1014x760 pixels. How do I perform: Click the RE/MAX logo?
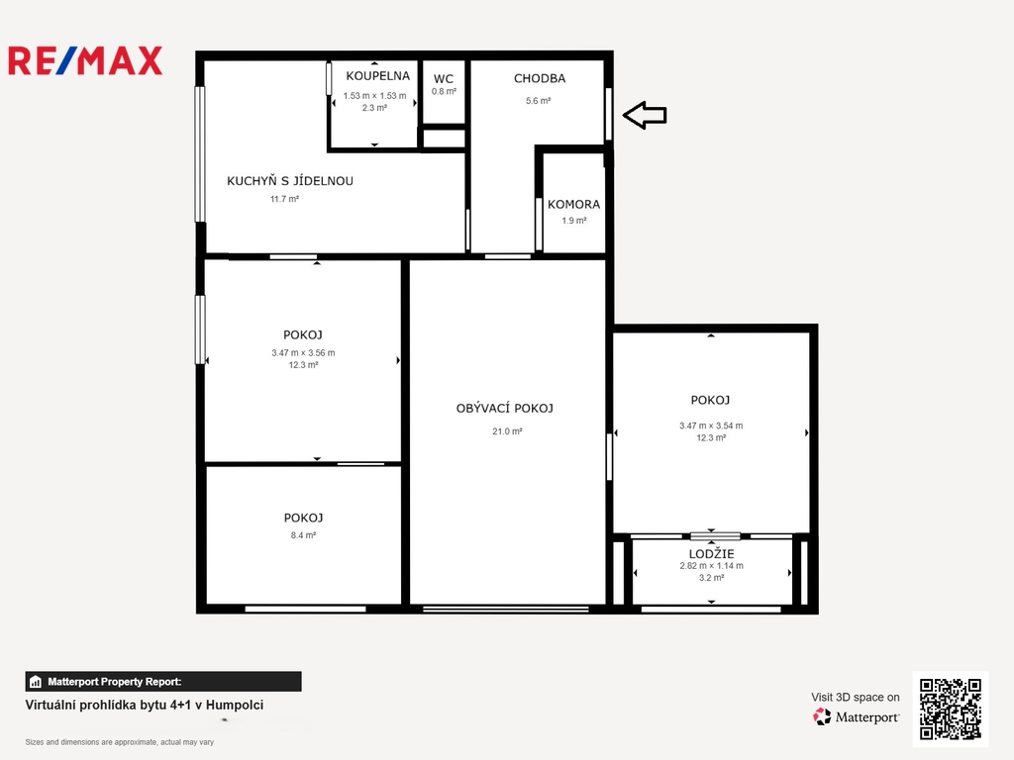coord(85,60)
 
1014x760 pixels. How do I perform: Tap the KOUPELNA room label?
coord(377,75)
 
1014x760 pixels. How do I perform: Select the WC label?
coord(443,79)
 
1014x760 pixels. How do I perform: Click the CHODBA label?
coord(540,78)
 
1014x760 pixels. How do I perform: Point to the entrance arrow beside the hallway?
coord(645,115)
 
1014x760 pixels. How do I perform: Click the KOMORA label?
coord(573,204)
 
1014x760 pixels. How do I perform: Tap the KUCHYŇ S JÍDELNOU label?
coord(290,180)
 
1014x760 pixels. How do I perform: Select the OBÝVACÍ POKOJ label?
coord(504,408)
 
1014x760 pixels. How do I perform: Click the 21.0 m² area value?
coord(507,431)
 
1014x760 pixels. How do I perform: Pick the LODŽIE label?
coord(711,553)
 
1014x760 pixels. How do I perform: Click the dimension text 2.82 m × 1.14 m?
coord(711,565)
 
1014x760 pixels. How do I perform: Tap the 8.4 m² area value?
coord(303,535)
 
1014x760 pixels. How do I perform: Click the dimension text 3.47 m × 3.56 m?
coord(303,353)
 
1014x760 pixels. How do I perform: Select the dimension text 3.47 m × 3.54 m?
coord(711,426)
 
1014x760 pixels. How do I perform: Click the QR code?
coord(950,709)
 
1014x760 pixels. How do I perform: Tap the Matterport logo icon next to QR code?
coord(822,716)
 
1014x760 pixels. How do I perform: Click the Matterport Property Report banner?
coord(163,681)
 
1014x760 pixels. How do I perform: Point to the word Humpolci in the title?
coord(235,705)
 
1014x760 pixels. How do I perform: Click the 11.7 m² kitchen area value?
coord(284,199)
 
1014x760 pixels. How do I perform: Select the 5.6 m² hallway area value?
coord(538,101)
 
